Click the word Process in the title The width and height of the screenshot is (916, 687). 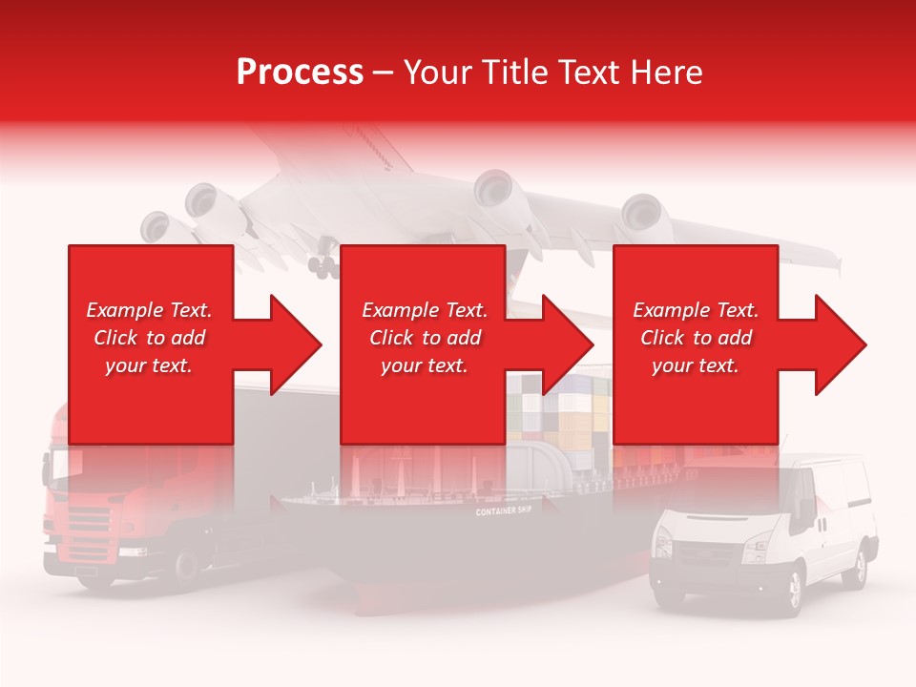click(x=300, y=72)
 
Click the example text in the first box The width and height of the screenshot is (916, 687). click(x=150, y=338)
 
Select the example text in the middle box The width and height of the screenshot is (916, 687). click(x=425, y=338)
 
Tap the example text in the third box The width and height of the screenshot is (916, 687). click(x=696, y=338)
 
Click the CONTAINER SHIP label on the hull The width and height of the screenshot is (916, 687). click(x=504, y=511)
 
